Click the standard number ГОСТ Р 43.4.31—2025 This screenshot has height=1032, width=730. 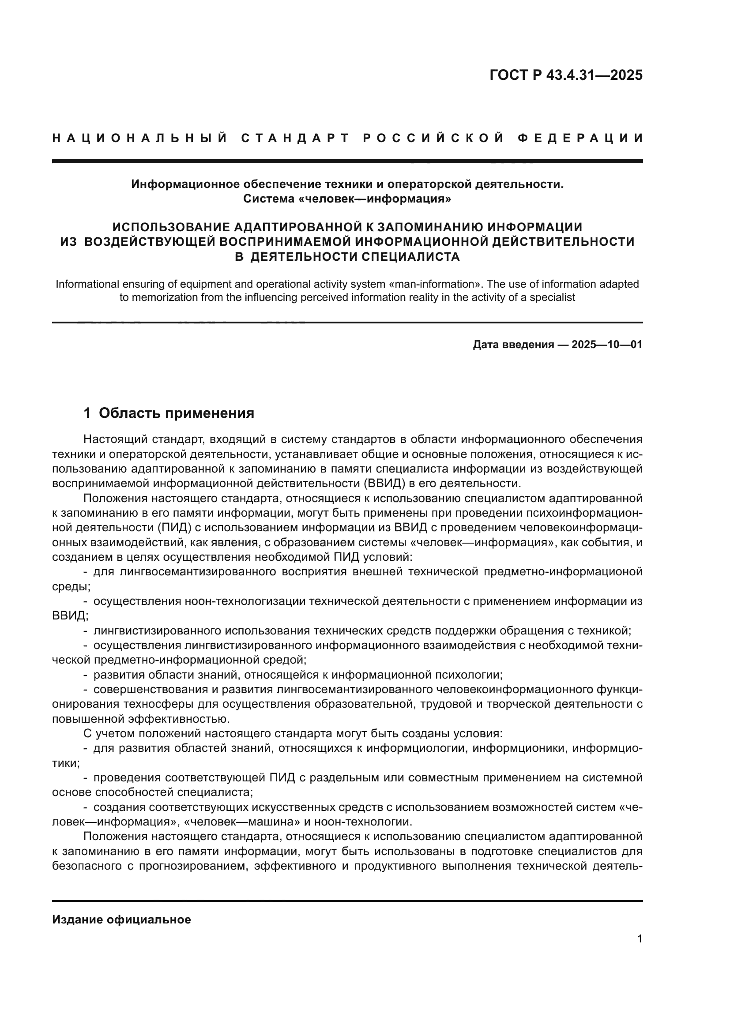pyautogui.click(x=566, y=75)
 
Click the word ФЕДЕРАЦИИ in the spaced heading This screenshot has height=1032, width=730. pyautogui.click(x=580, y=138)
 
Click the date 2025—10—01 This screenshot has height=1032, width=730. pyautogui.click(x=607, y=345)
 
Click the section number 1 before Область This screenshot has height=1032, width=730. pyautogui.click(x=88, y=413)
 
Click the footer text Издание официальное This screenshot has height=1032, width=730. pyautogui.click(x=121, y=919)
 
